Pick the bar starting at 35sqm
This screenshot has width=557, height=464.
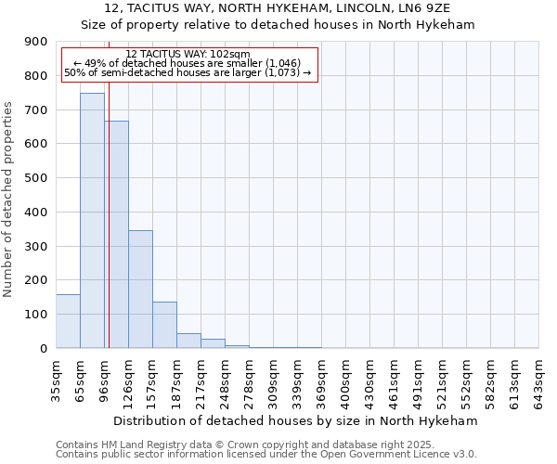[68, 321]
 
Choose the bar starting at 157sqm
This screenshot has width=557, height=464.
[164, 325]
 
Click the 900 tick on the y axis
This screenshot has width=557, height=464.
[36, 42]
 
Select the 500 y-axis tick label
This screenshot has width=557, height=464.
[36, 178]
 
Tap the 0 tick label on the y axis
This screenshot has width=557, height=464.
[44, 348]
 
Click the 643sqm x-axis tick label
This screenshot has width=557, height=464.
[539, 378]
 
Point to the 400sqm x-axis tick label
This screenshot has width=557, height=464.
[346, 378]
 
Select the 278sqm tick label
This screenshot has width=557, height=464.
[250, 378]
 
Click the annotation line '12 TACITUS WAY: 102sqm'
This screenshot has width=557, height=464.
[188, 54]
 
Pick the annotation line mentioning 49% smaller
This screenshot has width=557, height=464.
[188, 62]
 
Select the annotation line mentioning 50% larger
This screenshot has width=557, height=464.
[188, 71]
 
